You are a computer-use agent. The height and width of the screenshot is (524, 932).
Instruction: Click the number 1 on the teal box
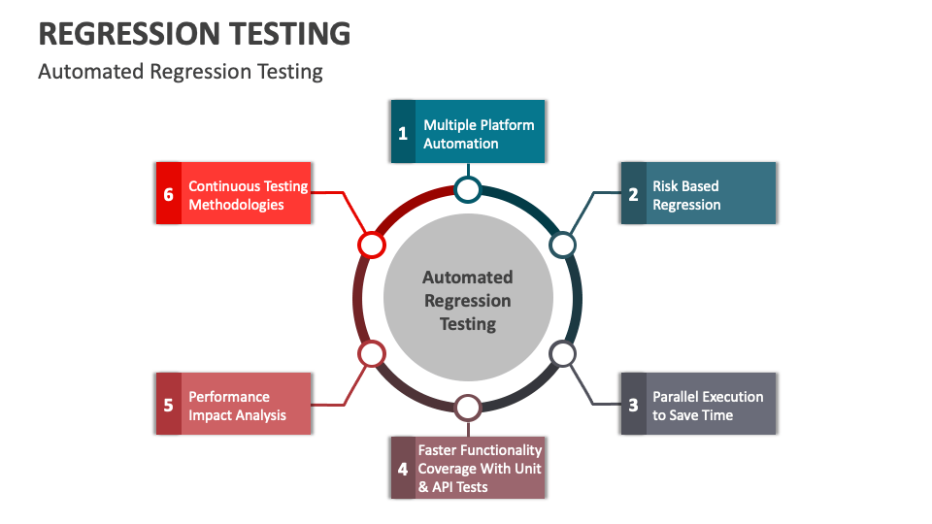(403, 134)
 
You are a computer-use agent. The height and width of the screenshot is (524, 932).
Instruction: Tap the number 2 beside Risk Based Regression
(633, 194)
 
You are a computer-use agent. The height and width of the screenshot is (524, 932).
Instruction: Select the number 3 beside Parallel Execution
(633, 405)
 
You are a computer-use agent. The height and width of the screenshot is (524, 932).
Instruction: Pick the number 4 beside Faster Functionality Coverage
(403, 469)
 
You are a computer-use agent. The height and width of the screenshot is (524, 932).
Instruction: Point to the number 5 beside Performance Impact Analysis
(168, 405)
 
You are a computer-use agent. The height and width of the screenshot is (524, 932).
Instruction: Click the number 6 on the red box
(168, 194)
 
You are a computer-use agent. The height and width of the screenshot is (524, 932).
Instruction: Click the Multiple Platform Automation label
(479, 134)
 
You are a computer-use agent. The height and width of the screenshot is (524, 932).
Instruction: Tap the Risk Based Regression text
(686, 195)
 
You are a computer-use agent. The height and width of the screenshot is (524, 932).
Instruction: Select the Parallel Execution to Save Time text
(708, 406)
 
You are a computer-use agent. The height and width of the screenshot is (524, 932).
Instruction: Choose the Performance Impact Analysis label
(237, 406)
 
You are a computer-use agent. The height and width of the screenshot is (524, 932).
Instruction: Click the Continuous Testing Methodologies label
(248, 195)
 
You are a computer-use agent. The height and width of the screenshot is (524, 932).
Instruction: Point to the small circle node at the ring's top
(468, 189)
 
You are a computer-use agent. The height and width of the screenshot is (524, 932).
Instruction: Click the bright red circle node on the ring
(372, 245)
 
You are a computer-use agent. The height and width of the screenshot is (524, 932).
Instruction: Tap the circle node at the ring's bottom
(468, 408)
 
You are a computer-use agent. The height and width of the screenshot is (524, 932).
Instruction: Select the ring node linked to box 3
(563, 354)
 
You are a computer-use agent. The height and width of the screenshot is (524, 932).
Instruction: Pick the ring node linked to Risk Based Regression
(563, 245)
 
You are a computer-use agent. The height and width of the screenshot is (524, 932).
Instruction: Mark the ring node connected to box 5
(372, 354)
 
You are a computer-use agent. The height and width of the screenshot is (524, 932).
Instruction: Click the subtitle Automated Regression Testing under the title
(180, 72)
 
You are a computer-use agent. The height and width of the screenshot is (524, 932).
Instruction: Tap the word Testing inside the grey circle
(468, 324)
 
